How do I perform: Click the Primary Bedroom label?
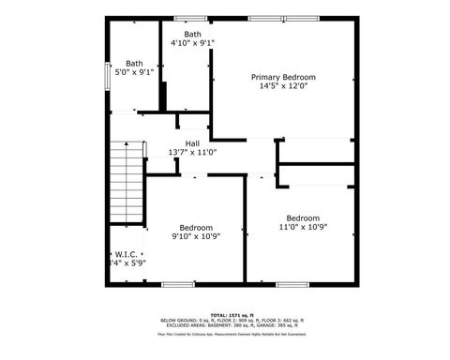coord(282,77)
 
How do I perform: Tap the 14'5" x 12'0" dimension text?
coord(282,86)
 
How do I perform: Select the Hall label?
coord(192,143)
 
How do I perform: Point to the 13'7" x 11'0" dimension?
coord(192,152)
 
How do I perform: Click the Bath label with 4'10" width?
coord(192,34)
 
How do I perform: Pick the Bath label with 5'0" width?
coord(134,64)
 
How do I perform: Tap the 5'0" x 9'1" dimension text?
coord(134,72)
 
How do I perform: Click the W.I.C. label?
coord(126,254)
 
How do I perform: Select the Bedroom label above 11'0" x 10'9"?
coord(303,217)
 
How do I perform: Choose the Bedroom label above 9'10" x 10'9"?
coord(196,227)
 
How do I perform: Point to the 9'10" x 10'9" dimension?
coord(196,236)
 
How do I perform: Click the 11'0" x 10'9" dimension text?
coord(303,227)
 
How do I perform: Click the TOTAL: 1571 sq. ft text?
coord(225,314)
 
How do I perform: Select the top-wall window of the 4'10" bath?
coord(189,17)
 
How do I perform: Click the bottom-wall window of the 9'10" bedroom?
coord(177,284)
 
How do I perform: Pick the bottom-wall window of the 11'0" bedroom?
coord(301,284)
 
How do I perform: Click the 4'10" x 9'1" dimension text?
coord(192,43)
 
